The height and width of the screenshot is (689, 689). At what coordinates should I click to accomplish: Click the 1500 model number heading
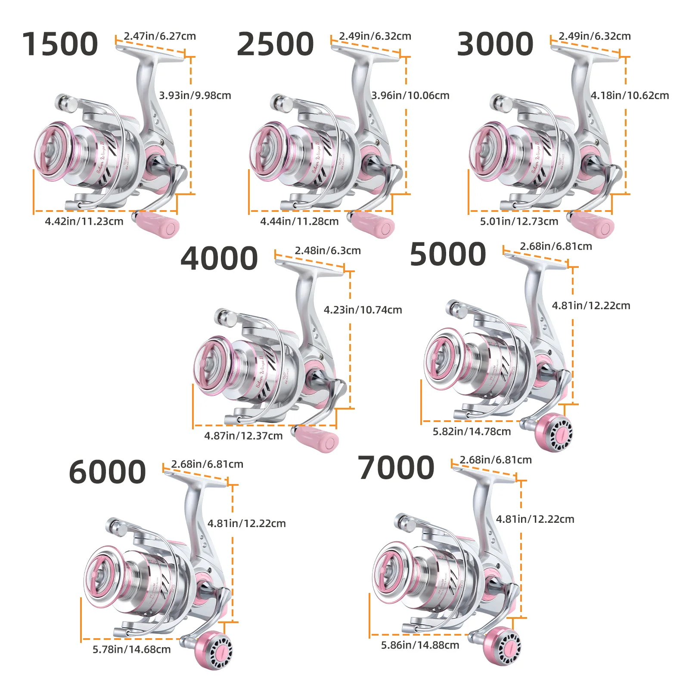point(60,44)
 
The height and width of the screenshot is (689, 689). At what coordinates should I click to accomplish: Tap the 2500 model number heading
point(275,44)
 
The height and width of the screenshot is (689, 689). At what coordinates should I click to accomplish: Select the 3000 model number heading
point(495,44)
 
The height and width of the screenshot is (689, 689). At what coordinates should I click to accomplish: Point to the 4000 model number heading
point(219,258)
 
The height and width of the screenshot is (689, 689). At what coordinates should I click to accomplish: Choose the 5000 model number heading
point(448,254)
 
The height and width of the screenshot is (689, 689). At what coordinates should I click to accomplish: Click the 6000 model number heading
point(107,472)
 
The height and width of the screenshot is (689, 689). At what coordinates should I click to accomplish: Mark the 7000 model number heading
point(396,468)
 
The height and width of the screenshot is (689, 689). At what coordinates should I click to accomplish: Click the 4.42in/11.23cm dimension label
point(84,221)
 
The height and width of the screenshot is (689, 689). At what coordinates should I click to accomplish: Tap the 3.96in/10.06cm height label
point(410,95)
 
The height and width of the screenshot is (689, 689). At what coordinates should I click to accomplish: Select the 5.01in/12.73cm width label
point(519,221)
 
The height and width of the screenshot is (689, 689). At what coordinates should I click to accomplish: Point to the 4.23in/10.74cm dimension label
point(363,310)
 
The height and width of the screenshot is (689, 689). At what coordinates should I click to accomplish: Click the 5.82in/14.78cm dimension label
point(472,431)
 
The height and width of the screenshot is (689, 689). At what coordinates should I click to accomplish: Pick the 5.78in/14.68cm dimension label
point(131,649)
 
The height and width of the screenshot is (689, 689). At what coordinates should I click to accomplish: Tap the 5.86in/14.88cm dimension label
point(420,645)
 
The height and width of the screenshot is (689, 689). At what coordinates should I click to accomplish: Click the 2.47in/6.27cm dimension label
point(160,36)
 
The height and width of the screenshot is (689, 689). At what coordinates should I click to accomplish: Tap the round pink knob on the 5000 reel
point(554,433)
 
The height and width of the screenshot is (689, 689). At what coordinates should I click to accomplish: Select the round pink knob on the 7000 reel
point(502,646)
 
